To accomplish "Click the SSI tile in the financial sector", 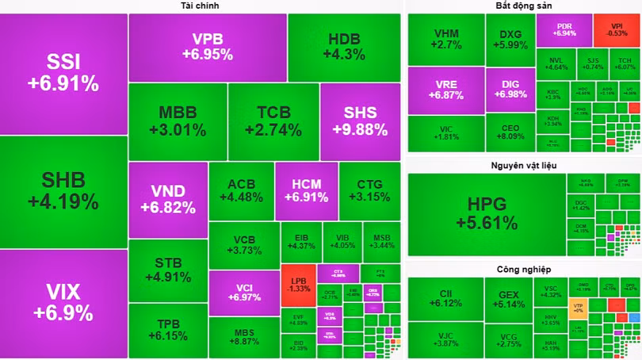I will click(x=63, y=73).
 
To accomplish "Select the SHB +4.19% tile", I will click(x=63, y=191).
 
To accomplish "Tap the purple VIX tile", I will click(x=63, y=303).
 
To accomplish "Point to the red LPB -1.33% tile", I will click(x=298, y=284).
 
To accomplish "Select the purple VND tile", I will click(x=167, y=199).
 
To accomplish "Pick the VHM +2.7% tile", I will click(x=446, y=40).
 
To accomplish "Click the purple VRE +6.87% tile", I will click(x=446, y=89).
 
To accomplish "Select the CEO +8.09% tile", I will click(x=510, y=132).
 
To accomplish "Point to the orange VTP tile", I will click(x=578, y=307).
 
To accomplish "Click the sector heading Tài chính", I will click(x=200, y=6).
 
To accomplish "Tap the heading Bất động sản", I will click(x=523, y=6).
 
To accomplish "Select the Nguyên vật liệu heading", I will click(x=523, y=165).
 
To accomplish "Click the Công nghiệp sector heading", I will click(x=523, y=269).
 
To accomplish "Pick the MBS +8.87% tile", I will click(x=243, y=337).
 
